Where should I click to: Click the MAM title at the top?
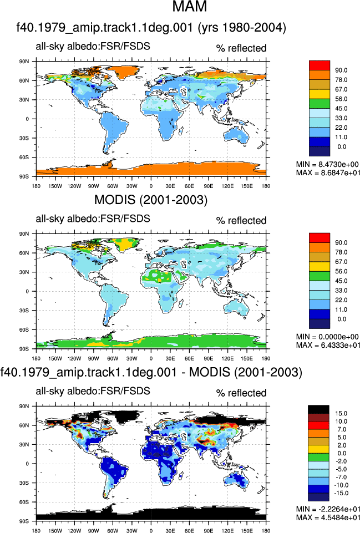tap(190, 6)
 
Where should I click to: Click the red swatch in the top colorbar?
tap(320, 65)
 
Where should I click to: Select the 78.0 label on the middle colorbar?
tap(341, 252)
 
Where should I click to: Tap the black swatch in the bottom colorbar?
tap(318, 409)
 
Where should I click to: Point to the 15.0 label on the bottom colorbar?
tap(341, 413)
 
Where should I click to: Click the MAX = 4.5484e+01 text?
tap(328, 517)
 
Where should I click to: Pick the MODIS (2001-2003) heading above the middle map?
tap(150, 200)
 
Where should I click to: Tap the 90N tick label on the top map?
tap(24, 62)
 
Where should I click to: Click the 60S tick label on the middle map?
tap(24, 329)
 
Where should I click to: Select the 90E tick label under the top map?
tap(209, 186)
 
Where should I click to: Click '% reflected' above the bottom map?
tap(241, 393)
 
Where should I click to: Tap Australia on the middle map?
tap(236, 308)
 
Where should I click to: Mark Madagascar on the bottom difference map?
tap(182, 475)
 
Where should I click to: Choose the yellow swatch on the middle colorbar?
tap(320, 266)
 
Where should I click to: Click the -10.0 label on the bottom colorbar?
tap(341, 485)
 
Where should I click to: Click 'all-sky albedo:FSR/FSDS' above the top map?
tap(93, 46)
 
